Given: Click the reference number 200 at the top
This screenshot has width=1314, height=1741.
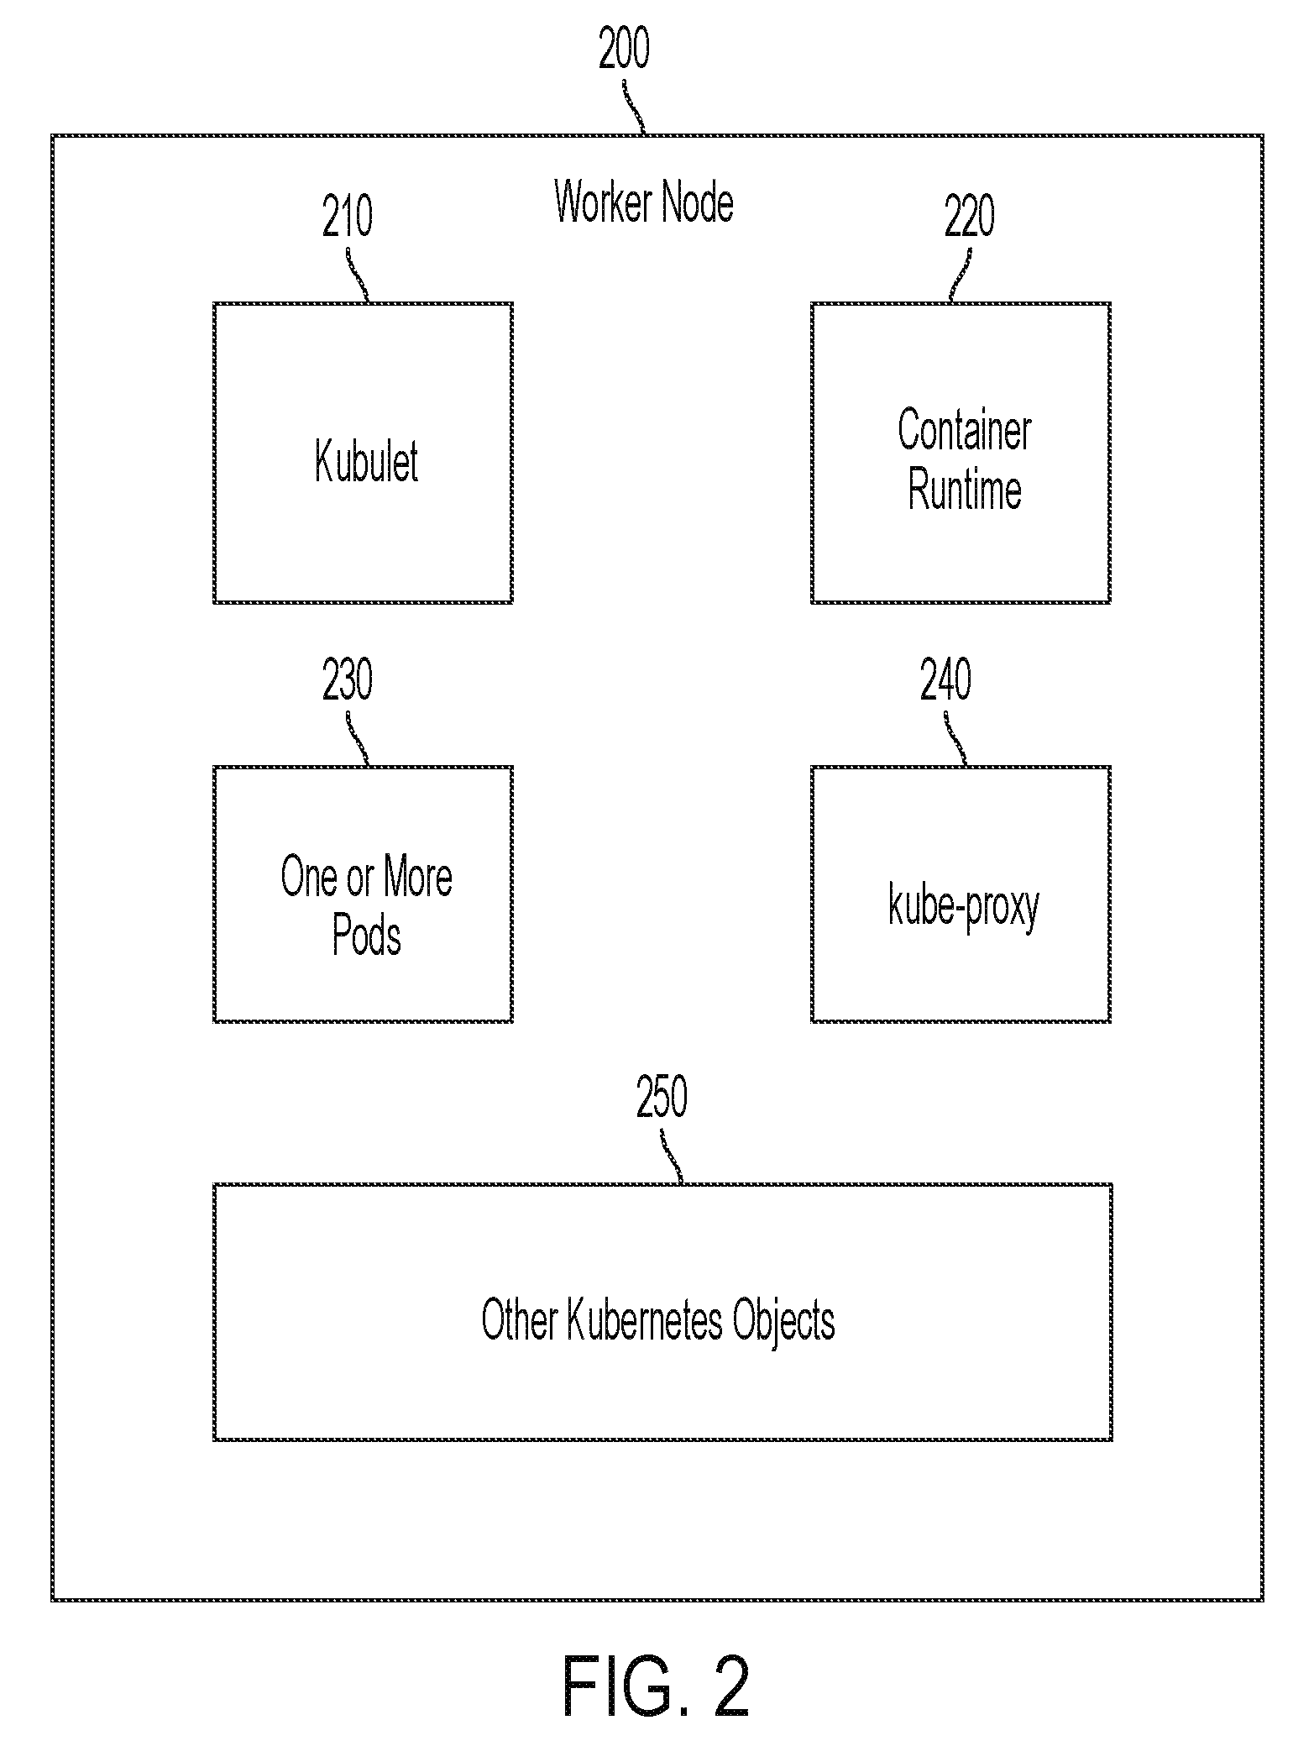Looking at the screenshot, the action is pos(624,50).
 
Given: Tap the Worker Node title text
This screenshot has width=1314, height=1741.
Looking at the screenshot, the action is pos(644,202).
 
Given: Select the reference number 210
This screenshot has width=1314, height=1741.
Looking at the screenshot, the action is pos(348,217).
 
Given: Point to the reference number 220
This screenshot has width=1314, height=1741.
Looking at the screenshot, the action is pos(970,217).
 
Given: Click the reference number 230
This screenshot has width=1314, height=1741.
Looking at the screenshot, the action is pos(348,680).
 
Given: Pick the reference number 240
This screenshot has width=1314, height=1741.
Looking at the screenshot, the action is pos(945,680).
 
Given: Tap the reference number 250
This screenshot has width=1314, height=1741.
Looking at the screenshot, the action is pos(662,1097).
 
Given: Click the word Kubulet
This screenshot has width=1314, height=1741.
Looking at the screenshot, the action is pos(366,461).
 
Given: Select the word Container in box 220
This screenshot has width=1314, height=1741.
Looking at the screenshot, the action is pos(965,430).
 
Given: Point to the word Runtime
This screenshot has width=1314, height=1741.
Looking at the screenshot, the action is pos(965,490).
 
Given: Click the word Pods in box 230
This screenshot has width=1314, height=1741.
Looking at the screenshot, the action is pos(367,935).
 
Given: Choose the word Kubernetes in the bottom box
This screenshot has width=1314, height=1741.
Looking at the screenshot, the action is pos(644,1320).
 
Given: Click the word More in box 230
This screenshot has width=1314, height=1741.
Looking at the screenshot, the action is pos(418,878).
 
